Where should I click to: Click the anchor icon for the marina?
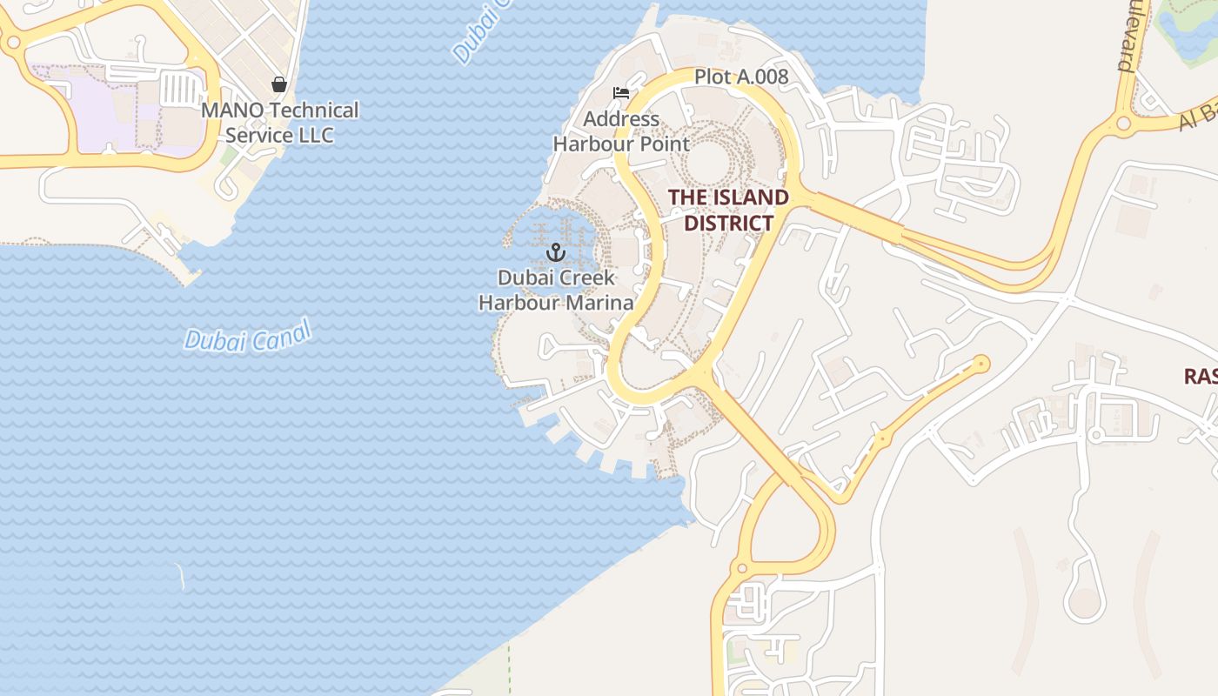click(555, 253)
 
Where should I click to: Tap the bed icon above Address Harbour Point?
click(621, 93)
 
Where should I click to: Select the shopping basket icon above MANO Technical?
click(279, 84)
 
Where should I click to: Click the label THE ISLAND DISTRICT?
click(728, 210)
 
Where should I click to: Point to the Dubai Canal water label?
click(248, 336)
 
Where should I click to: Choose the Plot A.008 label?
click(741, 77)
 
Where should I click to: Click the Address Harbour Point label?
click(621, 131)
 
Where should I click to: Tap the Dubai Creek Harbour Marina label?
click(556, 291)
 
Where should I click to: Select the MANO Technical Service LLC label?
click(279, 123)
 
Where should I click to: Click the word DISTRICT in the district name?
click(728, 223)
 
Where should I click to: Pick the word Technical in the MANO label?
click(314, 110)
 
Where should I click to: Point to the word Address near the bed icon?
click(621, 119)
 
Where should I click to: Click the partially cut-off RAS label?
click(1201, 376)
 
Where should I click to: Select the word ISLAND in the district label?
click(753, 197)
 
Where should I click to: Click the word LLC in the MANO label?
click(316, 136)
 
